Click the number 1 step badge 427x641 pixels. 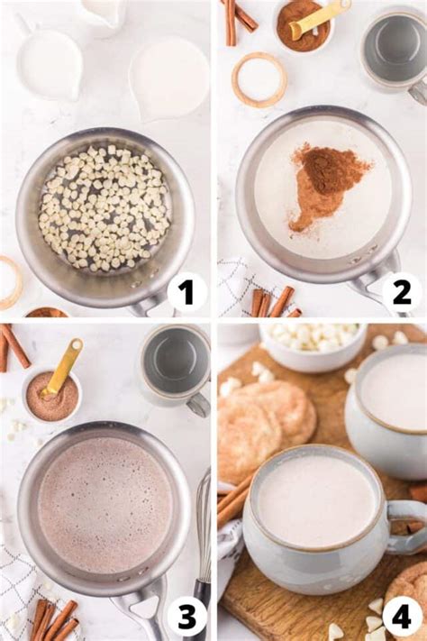click(x=186, y=292)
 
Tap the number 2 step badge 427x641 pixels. click(x=401, y=292)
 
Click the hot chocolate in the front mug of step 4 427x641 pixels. click(x=315, y=500)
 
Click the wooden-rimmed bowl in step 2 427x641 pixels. click(x=259, y=79)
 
